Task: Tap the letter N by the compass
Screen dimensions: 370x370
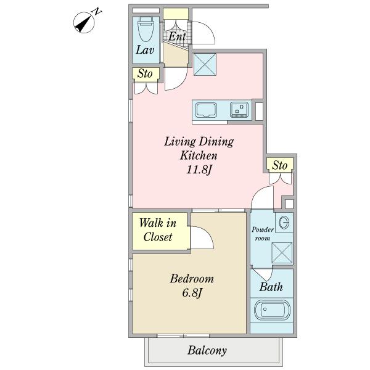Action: click(97, 12)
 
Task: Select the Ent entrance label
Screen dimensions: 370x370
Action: click(177, 36)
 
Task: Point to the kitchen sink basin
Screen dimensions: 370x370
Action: click(206, 110)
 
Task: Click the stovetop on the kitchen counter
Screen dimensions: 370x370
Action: click(239, 110)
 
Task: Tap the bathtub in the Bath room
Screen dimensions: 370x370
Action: click(272, 310)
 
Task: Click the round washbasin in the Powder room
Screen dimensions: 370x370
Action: click(284, 222)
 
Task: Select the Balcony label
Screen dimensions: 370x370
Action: click(207, 350)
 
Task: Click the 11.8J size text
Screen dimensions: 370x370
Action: click(199, 170)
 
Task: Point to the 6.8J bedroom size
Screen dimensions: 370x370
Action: click(192, 293)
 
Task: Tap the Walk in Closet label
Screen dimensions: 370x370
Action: click(158, 230)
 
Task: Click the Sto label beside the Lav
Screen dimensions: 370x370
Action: click(145, 73)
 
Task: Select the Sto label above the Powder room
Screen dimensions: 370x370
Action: click(279, 165)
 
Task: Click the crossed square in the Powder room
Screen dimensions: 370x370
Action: click(282, 253)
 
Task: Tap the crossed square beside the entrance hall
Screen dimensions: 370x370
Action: click(205, 64)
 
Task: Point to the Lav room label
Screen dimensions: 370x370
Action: click(145, 50)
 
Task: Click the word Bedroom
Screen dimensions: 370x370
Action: click(192, 279)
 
